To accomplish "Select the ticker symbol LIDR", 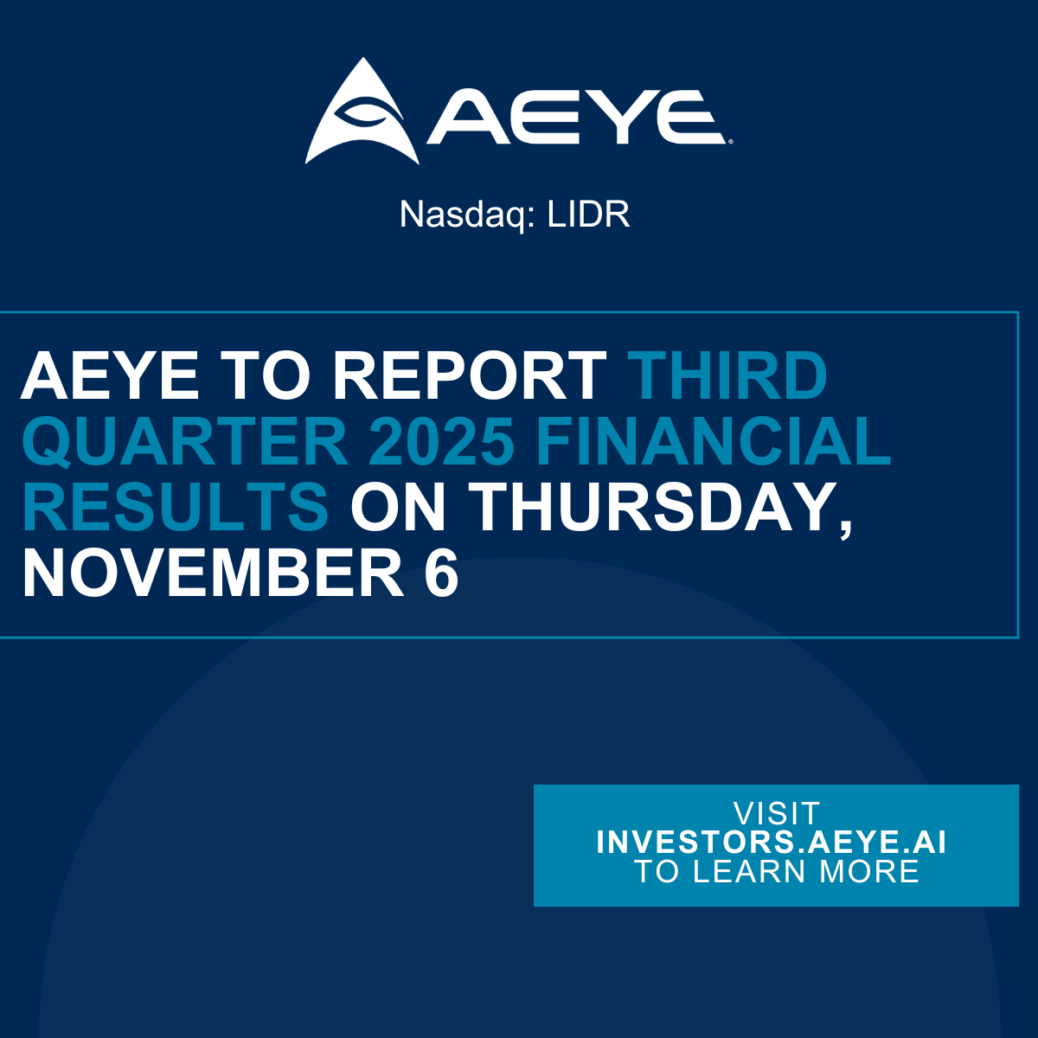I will (588, 215).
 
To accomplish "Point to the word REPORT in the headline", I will (470, 376).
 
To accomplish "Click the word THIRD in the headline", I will (727, 376).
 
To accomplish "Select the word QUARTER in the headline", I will (185, 442).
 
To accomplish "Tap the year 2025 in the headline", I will (441, 442).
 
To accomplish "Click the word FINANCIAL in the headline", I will (714, 442).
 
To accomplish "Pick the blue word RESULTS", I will (176, 508).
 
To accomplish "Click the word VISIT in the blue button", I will (776, 814).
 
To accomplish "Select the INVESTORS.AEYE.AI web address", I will (772, 843).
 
